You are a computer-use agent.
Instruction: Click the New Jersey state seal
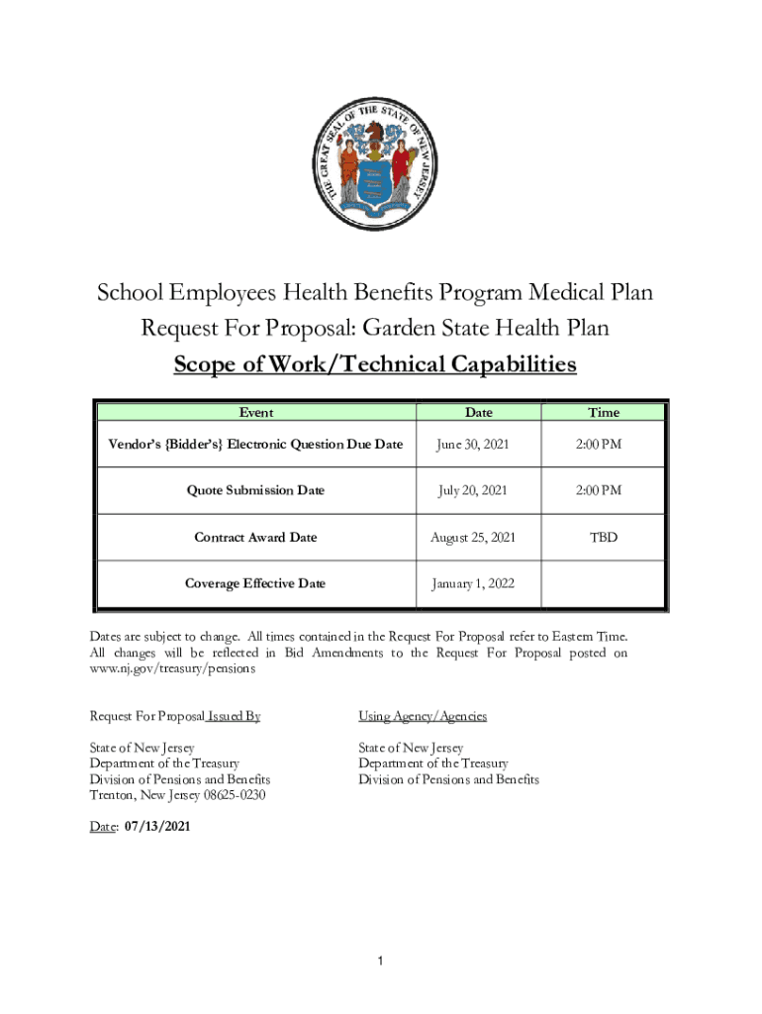(374, 163)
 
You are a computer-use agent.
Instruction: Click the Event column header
(256, 412)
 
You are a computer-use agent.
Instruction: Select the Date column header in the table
(478, 412)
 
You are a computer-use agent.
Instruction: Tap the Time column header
(603, 412)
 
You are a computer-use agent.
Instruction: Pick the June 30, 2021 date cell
(472, 445)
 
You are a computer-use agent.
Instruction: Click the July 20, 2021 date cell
(472, 490)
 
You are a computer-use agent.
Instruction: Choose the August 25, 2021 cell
(472, 537)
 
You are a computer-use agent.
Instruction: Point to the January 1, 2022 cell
(472, 583)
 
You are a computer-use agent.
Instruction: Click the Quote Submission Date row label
(255, 490)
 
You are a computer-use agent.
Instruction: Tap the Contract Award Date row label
(255, 537)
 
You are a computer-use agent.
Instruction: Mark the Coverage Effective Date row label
(255, 583)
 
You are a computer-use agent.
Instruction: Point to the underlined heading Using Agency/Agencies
(423, 716)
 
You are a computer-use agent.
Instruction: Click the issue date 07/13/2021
(158, 825)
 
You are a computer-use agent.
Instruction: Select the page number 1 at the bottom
(381, 962)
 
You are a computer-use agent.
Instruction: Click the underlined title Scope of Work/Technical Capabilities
(374, 364)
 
